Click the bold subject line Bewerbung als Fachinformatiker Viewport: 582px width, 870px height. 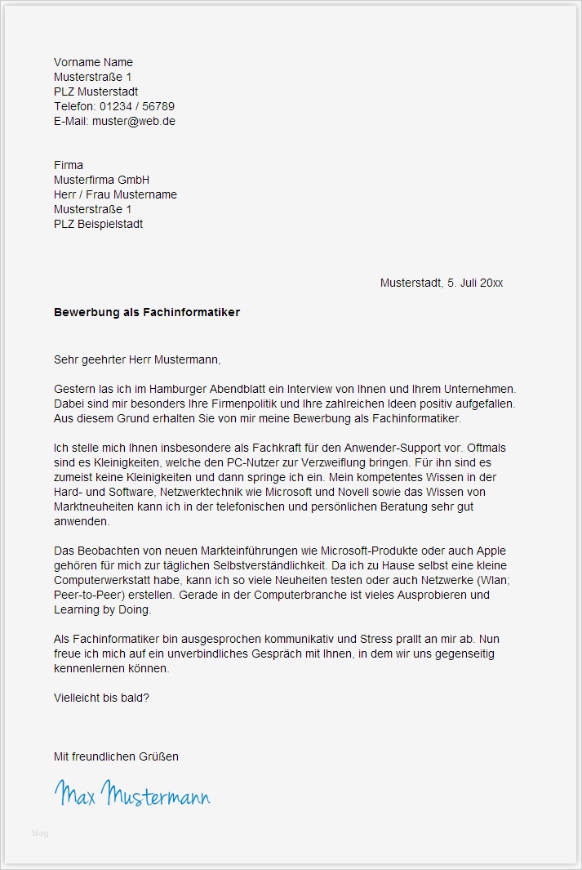(147, 312)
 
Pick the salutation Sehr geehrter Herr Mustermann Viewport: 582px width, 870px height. (137, 359)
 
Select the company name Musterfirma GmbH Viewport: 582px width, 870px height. (102, 180)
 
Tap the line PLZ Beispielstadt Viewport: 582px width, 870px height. (99, 224)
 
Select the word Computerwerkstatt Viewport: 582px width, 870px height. (100, 580)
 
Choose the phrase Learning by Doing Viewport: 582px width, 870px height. (102, 609)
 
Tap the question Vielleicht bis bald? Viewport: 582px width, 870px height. (102, 698)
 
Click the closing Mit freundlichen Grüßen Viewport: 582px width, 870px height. (116, 756)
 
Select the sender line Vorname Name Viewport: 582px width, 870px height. (93, 62)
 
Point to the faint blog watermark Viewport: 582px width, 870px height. (41, 833)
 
